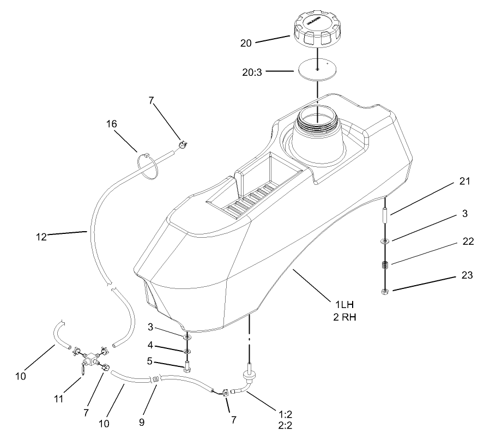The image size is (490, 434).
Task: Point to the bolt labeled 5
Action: click(187, 366)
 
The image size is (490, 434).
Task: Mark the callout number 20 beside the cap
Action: click(246, 43)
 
